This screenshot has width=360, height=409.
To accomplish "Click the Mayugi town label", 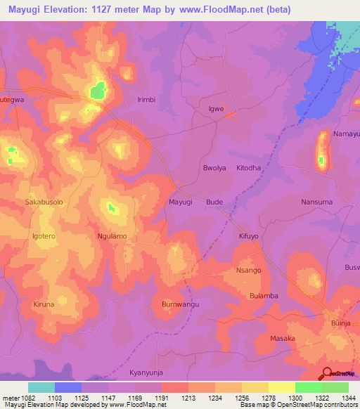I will click(181, 202).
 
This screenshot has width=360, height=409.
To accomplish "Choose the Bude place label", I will click(214, 202).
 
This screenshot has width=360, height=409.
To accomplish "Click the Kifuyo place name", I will click(249, 236).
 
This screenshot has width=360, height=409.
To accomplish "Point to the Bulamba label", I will click(264, 296).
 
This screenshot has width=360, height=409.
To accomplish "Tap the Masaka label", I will click(283, 338).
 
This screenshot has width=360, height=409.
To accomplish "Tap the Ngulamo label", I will click(112, 236).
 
